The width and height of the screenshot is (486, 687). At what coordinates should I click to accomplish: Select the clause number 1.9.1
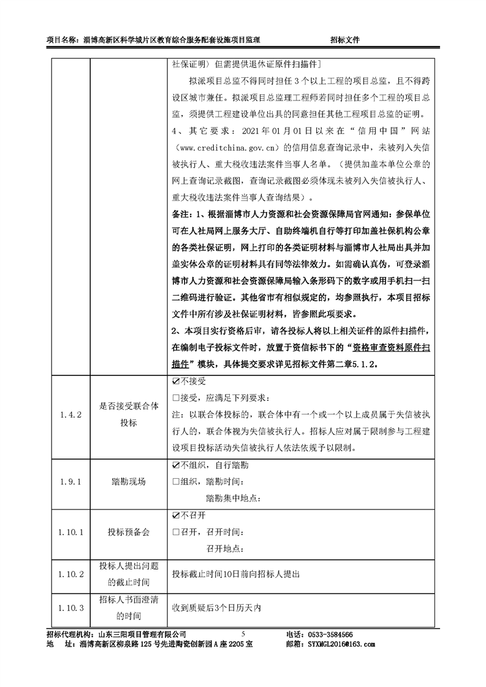(70, 482)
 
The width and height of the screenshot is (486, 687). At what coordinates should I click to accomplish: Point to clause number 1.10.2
(70, 574)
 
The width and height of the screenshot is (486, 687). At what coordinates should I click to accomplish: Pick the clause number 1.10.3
(70, 608)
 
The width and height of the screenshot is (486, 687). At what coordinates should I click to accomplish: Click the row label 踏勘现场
(129, 482)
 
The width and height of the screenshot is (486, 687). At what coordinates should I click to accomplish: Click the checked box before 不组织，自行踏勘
(176, 465)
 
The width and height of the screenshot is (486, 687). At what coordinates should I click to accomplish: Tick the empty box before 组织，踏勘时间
(176, 482)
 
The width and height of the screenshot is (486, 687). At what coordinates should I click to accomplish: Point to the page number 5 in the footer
(243, 634)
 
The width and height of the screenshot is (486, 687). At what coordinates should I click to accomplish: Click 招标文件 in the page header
(344, 40)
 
